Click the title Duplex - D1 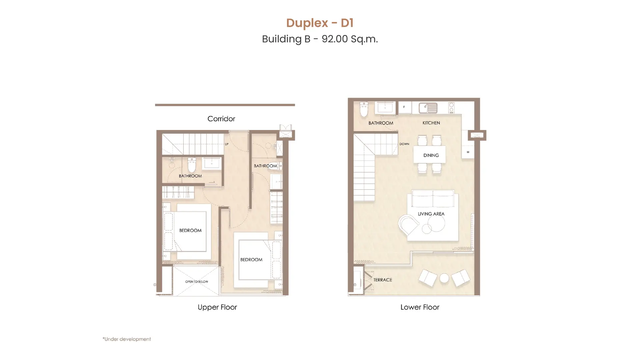[x=320, y=23]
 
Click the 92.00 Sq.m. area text [x=350, y=39]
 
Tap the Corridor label [x=221, y=119]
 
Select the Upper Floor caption [x=217, y=307]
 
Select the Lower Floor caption [x=420, y=307]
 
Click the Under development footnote [x=127, y=339]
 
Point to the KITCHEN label [x=431, y=123]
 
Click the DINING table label [x=431, y=155]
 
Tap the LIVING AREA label [x=431, y=214]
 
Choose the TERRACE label [x=383, y=280]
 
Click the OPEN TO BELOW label [x=197, y=282]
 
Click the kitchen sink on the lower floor [x=428, y=108]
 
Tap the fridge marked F [x=404, y=107]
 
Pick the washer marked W [x=468, y=152]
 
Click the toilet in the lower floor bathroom [x=364, y=109]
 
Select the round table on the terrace [x=444, y=278]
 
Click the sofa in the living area [x=433, y=199]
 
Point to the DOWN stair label [x=404, y=144]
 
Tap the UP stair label [x=227, y=144]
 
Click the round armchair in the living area [x=408, y=225]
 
